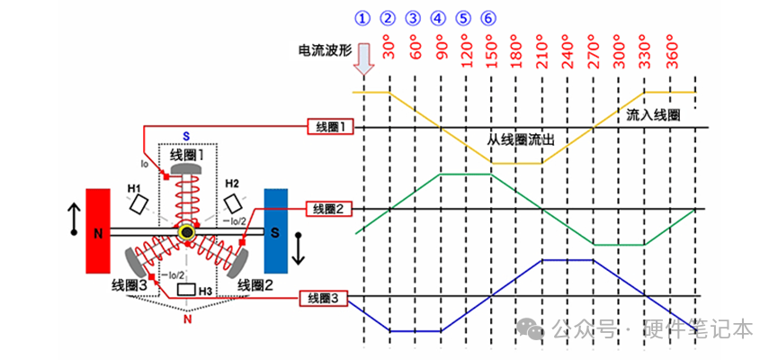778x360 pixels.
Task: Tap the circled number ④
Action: [x=438, y=17]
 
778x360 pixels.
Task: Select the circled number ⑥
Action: [x=487, y=17]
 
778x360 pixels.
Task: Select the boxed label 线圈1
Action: [x=328, y=127]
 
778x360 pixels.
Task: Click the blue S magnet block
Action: [x=275, y=229]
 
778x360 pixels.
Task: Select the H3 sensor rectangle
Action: [x=187, y=290]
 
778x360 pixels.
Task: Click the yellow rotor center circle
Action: [x=187, y=233]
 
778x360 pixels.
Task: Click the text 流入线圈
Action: [x=653, y=115]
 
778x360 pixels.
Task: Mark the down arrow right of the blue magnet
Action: [x=300, y=247]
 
